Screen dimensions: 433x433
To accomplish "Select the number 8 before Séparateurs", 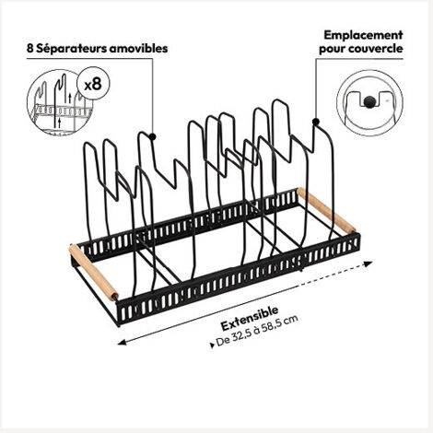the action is click(29, 49).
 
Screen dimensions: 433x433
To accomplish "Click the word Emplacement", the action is click(363, 35).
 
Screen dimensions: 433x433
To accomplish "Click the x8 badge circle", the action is click(93, 83).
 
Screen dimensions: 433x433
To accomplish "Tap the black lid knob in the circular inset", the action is click(369, 101).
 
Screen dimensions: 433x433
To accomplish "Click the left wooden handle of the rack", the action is click(94, 272).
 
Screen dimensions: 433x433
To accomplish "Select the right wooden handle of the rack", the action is click(326, 211).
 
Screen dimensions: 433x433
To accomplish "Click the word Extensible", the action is click(250, 318).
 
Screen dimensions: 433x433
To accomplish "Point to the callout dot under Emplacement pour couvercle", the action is click(316, 122).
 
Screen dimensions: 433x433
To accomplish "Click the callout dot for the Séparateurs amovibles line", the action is click(152, 136).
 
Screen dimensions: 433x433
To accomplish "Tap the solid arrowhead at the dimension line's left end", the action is click(122, 343).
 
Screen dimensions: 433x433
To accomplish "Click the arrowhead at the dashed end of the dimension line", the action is click(368, 263).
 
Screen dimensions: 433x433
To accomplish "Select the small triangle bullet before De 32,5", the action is click(212, 345).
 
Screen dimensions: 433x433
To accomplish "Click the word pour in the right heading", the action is click(333, 50).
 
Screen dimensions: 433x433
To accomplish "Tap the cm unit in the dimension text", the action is click(291, 320).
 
